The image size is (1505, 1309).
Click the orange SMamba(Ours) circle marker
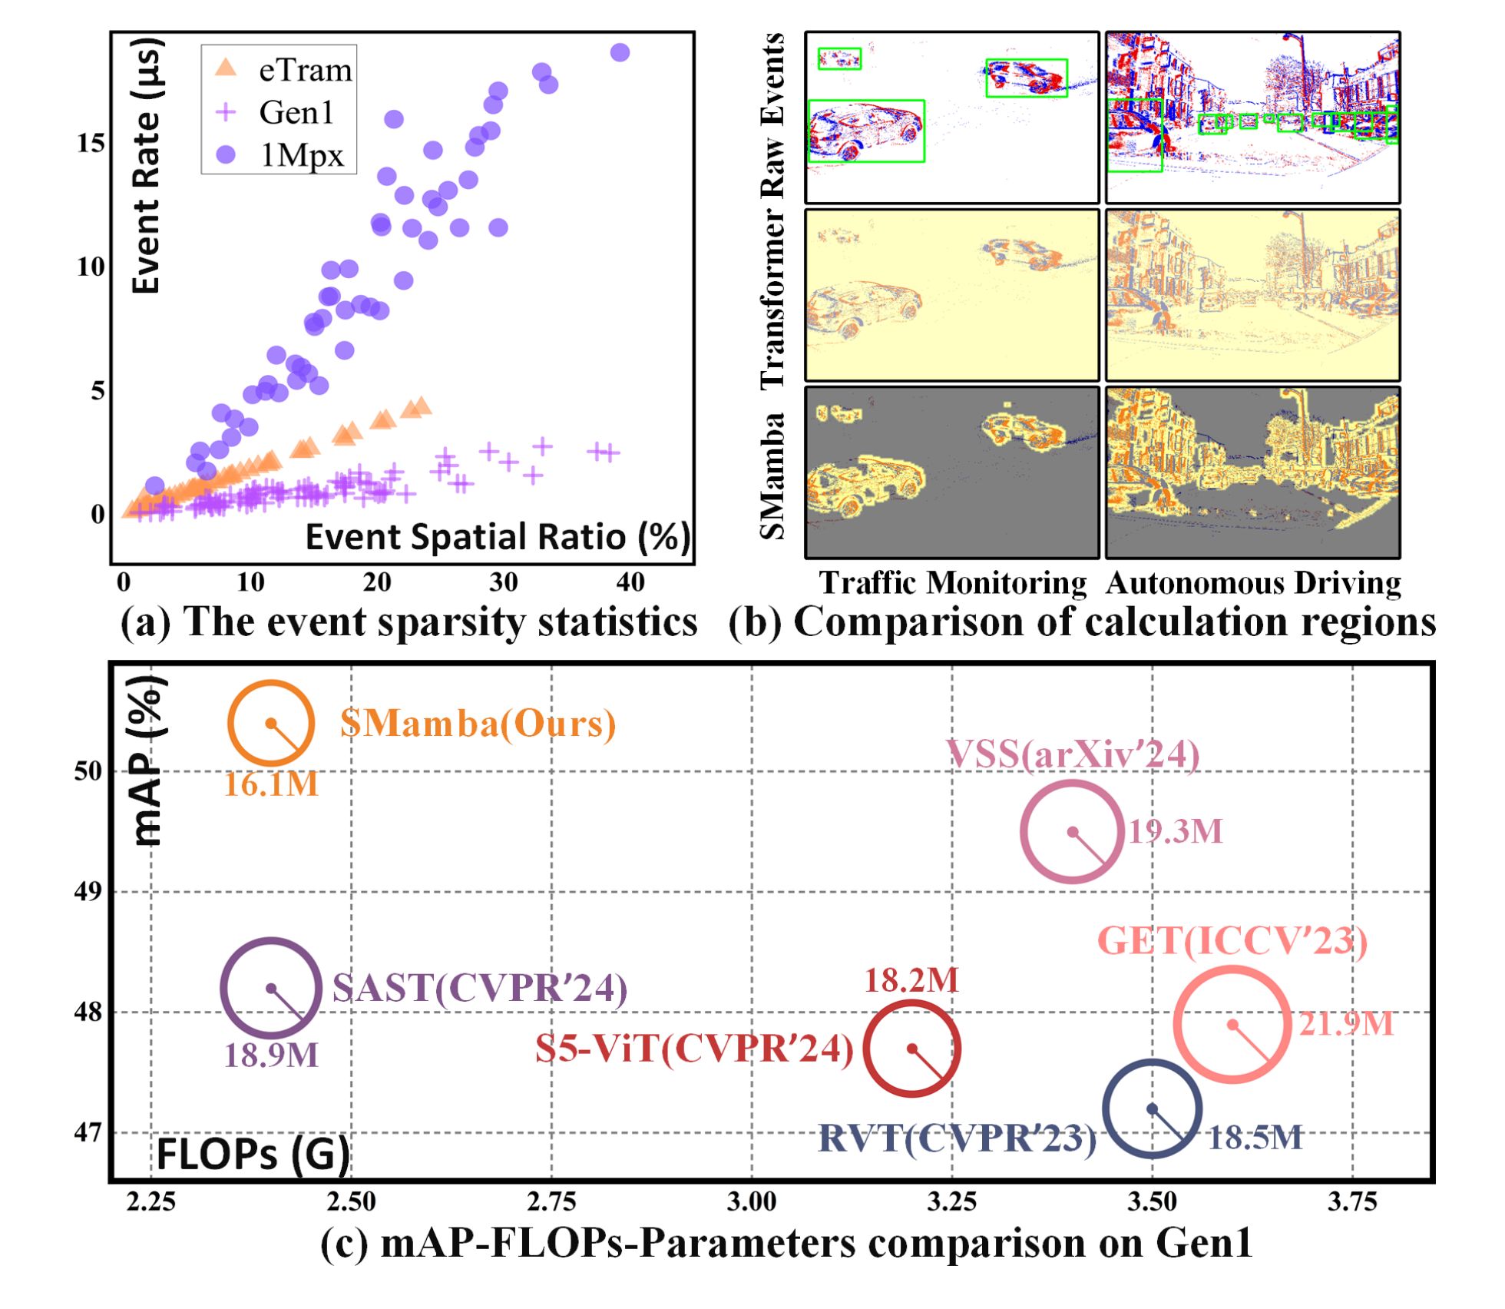pyautogui.click(x=271, y=723)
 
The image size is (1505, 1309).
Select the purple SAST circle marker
pyautogui.click(x=271, y=988)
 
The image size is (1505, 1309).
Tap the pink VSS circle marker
pyautogui.click(x=1072, y=831)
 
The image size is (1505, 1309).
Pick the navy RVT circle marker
pyautogui.click(x=1152, y=1109)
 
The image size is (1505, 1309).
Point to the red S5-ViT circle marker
pyautogui.click(x=912, y=1049)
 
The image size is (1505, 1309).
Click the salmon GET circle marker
pyautogui.click(x=1232, y=1025)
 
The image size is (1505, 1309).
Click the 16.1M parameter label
pyautogui.click(x=271, y=784)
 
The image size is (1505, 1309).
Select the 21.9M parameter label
pyautogui.click(x=1346, y=1024)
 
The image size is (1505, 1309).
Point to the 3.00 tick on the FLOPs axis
pyautogui.click(x=752, y=1201)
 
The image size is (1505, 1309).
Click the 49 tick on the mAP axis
pyautogui.click(x=88, y=891)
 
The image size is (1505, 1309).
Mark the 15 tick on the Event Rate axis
pyautogui.click(x=91, y=144)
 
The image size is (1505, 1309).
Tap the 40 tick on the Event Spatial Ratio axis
pyautogui.click(x=630, y=583)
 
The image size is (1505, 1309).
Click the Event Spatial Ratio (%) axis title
pyautogui.click(x=498, y=536)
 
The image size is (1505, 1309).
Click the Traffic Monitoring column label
pyautogui.click(x=952, y=583)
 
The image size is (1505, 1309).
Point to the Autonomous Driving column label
pyautogui.click(x=1253, y=583)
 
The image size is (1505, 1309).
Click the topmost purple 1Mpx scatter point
pyautogui.click(x=620, y=52)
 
